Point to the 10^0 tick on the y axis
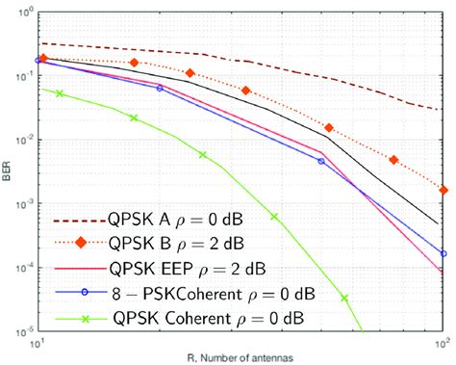[x=23, y=13]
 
